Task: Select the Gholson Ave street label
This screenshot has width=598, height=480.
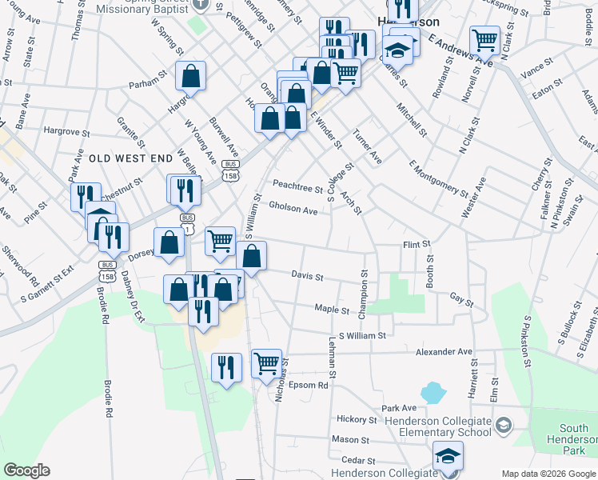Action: pos(293,210)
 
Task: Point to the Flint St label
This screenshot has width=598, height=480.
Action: pos(417,243)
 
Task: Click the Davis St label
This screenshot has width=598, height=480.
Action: pos(307,277)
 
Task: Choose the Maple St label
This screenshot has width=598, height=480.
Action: pos(332,308)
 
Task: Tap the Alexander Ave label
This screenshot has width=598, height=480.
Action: pos(443,351)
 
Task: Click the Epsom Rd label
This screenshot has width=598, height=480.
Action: pos(311,385)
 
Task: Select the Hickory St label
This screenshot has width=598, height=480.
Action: pos(357,419)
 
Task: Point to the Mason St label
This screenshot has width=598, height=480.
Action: pos(350,439)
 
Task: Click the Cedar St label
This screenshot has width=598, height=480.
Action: pos(358,460)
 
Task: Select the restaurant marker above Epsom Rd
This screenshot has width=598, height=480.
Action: pos(226,366)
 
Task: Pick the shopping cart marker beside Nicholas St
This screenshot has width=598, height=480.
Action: pos(267,362)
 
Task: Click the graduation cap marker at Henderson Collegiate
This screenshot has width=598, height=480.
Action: pos(448,457)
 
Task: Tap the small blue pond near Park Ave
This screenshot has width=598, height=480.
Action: pos(433,392)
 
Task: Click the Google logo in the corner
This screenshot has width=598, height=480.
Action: pos(27,470)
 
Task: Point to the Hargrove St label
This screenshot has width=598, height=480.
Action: pos(66,130)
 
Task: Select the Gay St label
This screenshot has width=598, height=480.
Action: pos(462,300)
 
